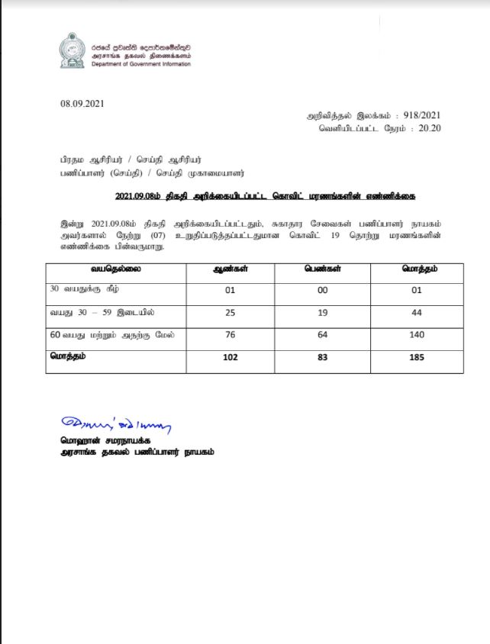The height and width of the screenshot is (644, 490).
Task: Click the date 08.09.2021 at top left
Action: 81,103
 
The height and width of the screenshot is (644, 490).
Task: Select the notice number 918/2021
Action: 423,114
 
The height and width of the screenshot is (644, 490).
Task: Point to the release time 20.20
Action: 430,128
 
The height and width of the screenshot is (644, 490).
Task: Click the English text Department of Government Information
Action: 140,64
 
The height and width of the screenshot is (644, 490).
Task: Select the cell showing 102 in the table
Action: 230,356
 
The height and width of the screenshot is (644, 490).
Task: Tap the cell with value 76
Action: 230,335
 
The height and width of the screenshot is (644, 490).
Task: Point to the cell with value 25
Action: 230,313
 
